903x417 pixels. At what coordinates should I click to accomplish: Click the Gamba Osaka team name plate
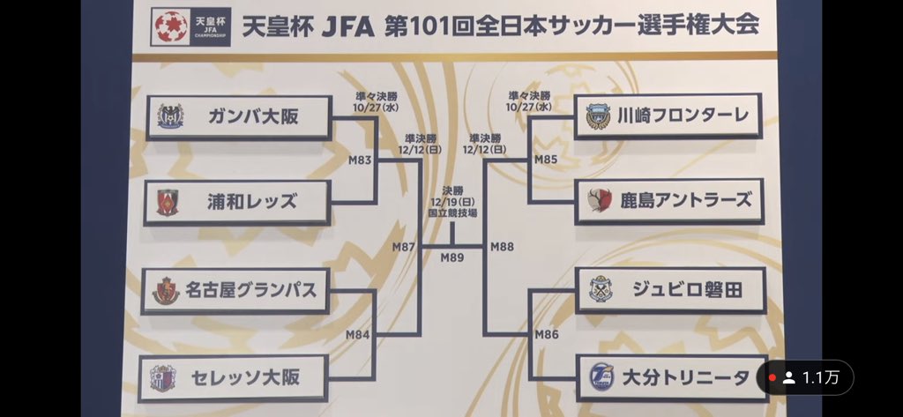(x=238, y=117)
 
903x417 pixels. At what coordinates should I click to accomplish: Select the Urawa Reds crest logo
(x=168, y=202)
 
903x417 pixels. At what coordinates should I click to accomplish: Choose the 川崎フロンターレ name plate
(x=668, y=115)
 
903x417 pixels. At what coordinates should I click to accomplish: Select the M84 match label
(x=358, y=334)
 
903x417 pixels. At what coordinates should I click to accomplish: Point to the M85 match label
(x=547, y=160)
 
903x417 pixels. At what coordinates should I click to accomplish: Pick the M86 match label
(x=547, y=334)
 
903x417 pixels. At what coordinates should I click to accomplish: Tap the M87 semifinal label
(x=404, y=247)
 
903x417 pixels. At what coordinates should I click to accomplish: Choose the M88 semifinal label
(x=502, y=247)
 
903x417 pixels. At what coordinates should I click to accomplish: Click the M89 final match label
(x=452, y=257)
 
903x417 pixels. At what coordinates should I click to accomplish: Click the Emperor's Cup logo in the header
(x=171, y=26)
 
